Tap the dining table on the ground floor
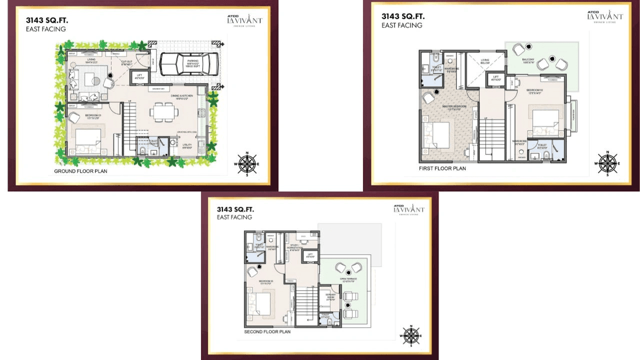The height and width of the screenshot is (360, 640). pyautogui.click(x=163, y=111)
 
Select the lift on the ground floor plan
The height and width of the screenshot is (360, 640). pyautogui.click(x=139, y=76)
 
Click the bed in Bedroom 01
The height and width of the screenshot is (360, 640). pyautogui.click(x=88, y=140)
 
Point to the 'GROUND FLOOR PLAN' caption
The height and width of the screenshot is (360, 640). pyautogui.click(x=80, y=171)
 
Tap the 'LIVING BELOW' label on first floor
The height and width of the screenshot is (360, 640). pyautogui.click(x=485, y=62)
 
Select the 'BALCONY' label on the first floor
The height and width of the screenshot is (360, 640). pyautogui.click(x=528, y=59)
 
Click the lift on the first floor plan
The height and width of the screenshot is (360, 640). pyautogui.click(x=496, y=78)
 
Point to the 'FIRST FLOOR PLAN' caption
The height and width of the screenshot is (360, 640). pyautogui.click(x=442, y=168)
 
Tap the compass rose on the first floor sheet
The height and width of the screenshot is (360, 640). pyautogui.click(x=607, y=163)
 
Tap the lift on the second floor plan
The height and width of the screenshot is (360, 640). pyautogui.click(x=310, y=255)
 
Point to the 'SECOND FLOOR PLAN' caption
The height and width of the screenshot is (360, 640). pyautogui.click(x=267, y=331)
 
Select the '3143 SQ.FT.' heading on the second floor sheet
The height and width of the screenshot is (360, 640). pyautogui.click(x=237, y=209)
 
